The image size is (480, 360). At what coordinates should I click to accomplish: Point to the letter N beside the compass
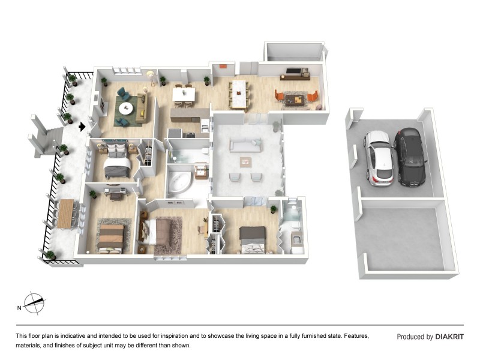pyautogui.click(x=19, y=308)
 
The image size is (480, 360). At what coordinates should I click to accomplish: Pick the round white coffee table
pyautogui.click(x=127, y=109)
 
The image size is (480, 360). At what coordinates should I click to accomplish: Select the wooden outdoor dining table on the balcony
pyautogui.click(x=65, y=213)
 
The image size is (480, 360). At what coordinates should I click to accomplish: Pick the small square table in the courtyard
pyautogui.click(x=245, y=161)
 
